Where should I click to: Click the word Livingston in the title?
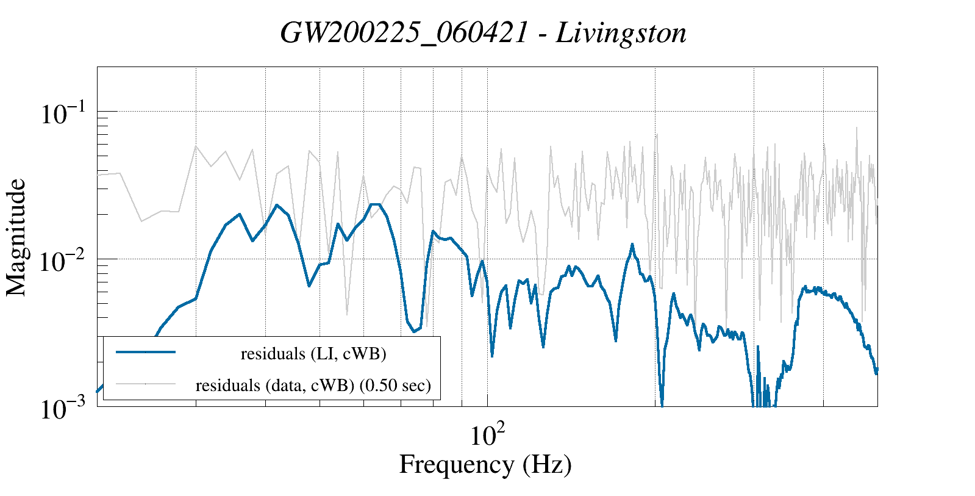tap(621, 33)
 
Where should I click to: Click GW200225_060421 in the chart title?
tap(404, 33)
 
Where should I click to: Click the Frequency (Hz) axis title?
tap(485, 464)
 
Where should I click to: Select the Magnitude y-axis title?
tap(16, 237)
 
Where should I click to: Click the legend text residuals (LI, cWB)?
tap(313, 353)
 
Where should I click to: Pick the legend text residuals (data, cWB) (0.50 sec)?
tap(313, 386)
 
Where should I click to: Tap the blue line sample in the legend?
tap(146, 352)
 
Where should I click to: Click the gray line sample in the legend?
tap(146, 384)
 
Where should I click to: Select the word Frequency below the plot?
tap(456, 464)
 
